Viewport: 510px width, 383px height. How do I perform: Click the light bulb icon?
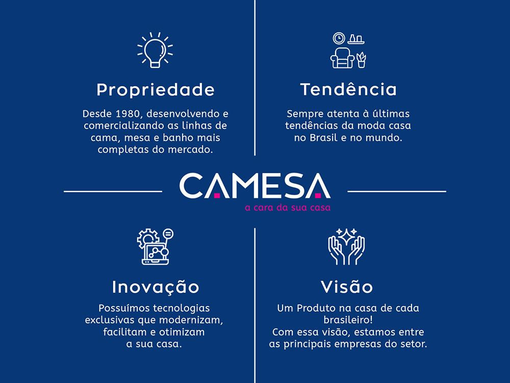(155, 50)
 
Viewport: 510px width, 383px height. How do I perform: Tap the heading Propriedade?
(156, 90)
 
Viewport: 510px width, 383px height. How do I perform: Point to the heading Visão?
(347, 286)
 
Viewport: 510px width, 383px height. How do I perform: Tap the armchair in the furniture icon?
(342, 58)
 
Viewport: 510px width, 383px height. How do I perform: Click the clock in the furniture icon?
(339, 38)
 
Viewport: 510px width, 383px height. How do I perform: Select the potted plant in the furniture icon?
(361, 60)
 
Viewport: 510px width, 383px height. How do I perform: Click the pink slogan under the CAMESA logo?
(288, 207)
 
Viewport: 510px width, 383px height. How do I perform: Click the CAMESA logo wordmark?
(255, 186)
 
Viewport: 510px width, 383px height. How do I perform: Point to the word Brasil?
(324, 138)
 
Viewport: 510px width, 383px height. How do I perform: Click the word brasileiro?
(348, 320)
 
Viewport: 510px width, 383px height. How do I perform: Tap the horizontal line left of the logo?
(113, 192)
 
